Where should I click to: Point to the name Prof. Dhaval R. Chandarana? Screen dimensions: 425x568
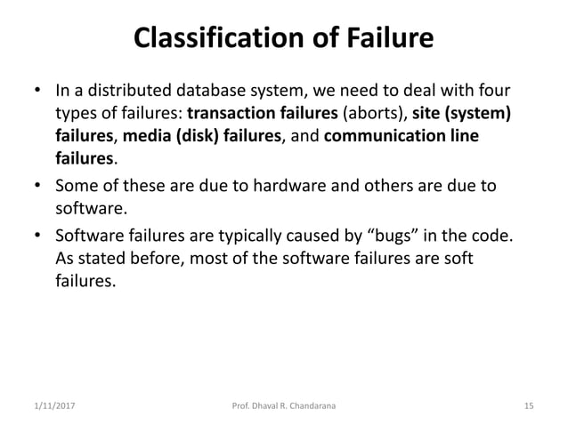click(283, 406)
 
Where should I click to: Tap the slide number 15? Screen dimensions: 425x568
click(528, 406)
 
